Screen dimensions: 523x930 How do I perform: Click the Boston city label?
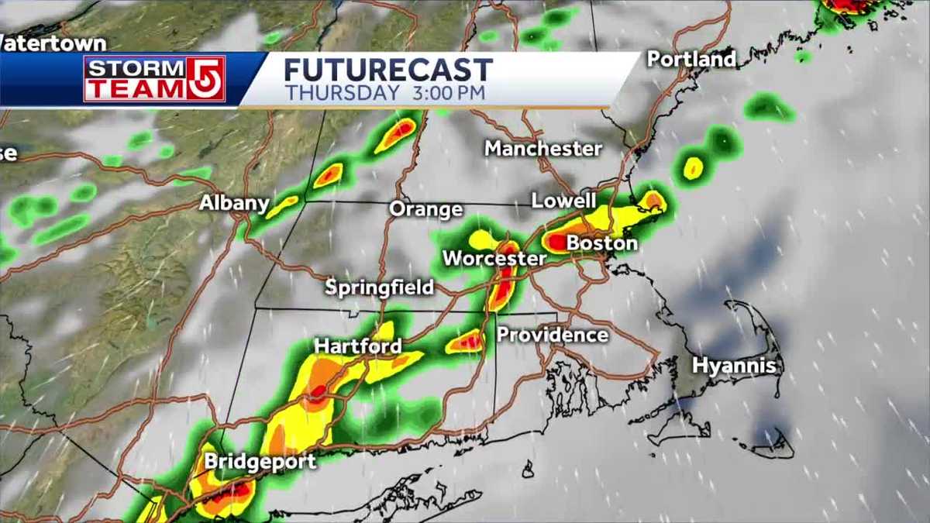602,243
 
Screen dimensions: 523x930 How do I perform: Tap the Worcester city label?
494,258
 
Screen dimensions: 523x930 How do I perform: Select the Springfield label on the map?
379,288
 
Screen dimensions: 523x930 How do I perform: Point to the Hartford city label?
357,346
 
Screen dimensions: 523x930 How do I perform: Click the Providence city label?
553,335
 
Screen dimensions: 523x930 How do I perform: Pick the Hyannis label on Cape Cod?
734,366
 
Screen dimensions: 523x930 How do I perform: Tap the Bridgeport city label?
260,462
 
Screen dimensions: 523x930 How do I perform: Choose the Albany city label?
234,204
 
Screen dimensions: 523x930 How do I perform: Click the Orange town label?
425,209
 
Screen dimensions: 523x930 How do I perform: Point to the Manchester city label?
543,148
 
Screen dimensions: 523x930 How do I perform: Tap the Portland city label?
691,59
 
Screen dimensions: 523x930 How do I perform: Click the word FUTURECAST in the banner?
387,71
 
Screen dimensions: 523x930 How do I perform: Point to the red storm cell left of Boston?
556,243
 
